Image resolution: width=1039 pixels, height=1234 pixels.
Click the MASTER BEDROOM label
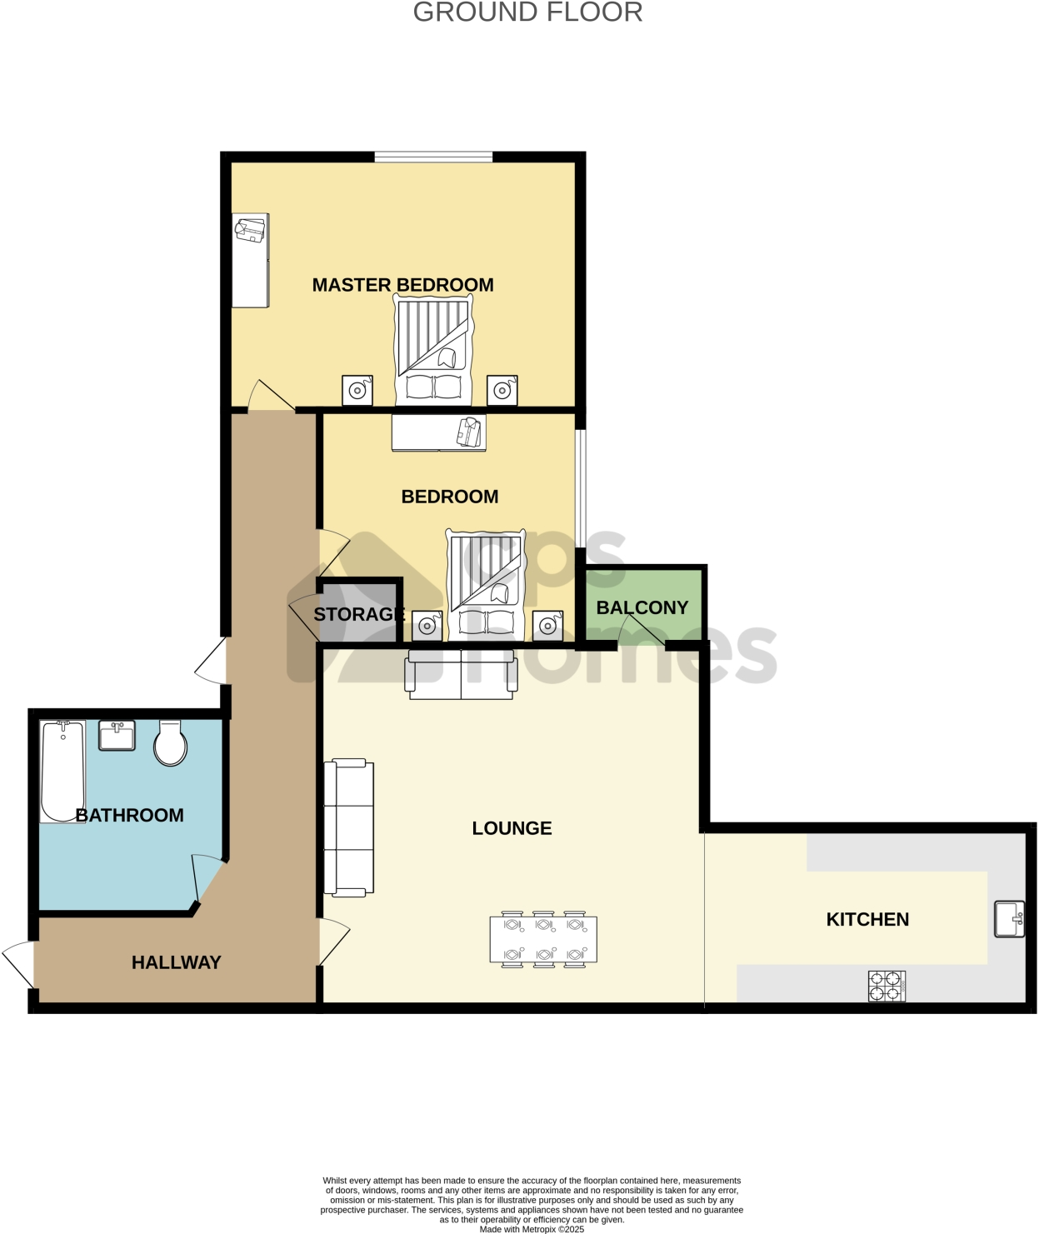tap(402, 285)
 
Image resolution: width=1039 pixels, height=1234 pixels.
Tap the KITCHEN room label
tap(867, 919)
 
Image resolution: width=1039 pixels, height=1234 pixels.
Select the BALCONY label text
tap(642, 607)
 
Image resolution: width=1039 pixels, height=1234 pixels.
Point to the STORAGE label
tap(359, 614)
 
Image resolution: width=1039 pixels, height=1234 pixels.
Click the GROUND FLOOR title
tap(527, 12)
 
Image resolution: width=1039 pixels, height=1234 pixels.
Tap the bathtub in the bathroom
tap(62, 771)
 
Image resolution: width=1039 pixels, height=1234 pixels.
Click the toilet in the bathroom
tap(170, 743)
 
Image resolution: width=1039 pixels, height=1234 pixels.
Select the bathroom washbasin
tap(117, 735)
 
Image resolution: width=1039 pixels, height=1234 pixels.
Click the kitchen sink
tap(1010, 919)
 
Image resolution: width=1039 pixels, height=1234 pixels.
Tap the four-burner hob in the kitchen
tap(887, 986)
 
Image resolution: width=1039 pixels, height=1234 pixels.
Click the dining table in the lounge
tap(543, 939)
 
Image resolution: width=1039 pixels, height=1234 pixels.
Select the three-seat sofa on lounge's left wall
tap(349, 827)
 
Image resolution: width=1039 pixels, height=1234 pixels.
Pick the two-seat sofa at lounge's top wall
tap(461, 674)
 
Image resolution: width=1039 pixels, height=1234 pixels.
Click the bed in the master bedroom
tap(433, 350)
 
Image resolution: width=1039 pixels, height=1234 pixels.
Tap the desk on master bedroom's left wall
tap(250, 260)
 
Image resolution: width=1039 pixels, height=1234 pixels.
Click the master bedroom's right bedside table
tap(502, 390)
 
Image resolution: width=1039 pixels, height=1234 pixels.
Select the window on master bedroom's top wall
tap(433, 157)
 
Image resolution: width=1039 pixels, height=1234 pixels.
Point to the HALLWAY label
tap(176, 962)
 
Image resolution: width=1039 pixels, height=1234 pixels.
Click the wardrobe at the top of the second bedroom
tap(439, 432)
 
